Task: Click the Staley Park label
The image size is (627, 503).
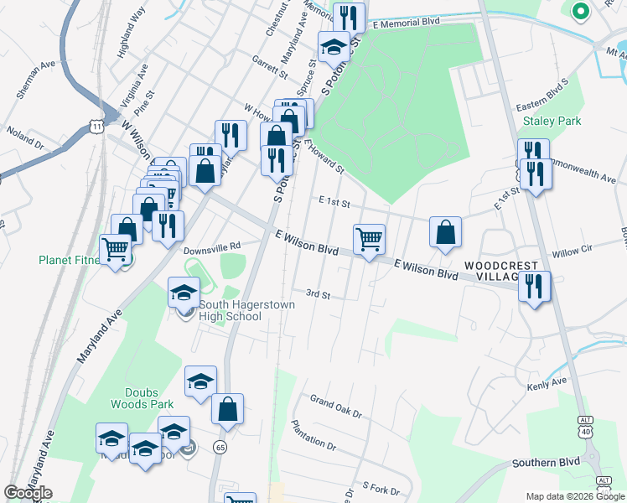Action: (x=552, y=121)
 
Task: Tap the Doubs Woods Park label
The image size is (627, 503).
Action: (x=142, y=397)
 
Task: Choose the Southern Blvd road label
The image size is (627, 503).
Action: (x=546, y=462)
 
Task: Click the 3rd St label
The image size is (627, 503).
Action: (x=318, y=294)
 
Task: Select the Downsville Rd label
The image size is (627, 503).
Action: (x=212, y=247)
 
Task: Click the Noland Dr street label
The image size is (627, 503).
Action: (x=25, y=137)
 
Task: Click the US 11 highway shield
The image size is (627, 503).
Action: (x=96, y=127)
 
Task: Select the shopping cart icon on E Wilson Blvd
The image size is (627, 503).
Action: (x=369, y=239)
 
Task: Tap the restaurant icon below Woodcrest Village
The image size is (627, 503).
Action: (x=534, y=286)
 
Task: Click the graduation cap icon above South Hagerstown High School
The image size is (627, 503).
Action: (x=184, y=293)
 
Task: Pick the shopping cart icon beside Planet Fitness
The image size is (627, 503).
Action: (x=115, y=249)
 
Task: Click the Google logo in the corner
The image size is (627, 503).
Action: (x=28, y=493)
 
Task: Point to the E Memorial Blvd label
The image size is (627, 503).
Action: (x=407, y=24)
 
